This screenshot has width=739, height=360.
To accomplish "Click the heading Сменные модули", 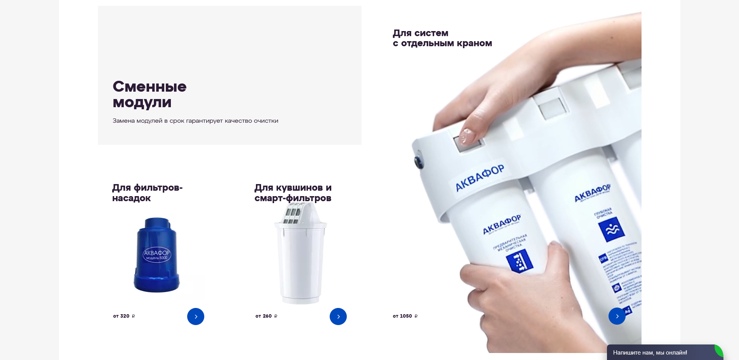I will click(x=150, y=94).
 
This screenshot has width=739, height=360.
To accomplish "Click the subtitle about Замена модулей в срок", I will click(x=195, y=121).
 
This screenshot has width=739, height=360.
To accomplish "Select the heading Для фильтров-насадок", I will click(x=147, y=193).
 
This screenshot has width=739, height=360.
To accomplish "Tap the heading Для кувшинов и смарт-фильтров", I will click(x=293, y=193).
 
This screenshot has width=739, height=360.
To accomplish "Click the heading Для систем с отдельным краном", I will click(x=442, y=38).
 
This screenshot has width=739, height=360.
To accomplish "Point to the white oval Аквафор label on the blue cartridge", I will click(x=157, y=254).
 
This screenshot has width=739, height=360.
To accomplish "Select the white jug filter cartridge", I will click(x=301, y=264).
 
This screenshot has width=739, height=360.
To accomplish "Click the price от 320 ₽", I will click(x=124, y=316).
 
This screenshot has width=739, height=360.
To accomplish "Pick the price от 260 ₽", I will click(x=266, y=316).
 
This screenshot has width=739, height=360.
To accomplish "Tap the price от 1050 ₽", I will click(x=405, y=316).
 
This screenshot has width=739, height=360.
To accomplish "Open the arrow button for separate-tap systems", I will click(x=617, y=316).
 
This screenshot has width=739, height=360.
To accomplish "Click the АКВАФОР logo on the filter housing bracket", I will click(x=480, y=178).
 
